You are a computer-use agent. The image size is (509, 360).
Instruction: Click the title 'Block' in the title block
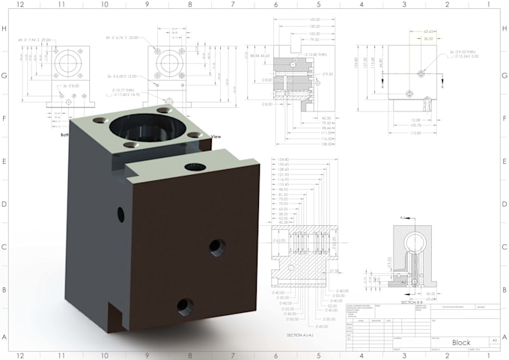pyautogui.click(x=461, y=342)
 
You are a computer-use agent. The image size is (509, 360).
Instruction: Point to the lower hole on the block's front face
pyautogui.click(x=184, y=306)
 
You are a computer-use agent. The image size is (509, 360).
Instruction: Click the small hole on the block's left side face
pyautogui.click(x=121, y=215)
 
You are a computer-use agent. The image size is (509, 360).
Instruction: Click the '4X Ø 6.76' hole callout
pyautogui.click(x=127, y=37)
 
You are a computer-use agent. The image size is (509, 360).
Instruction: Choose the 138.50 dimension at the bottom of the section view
pyautogui.click(x=306, y=143)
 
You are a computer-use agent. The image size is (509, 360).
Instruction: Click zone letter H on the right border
pyautogui.click(x=503, y=28)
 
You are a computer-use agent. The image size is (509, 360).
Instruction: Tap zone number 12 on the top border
pyautogui.click(x=19, y=4)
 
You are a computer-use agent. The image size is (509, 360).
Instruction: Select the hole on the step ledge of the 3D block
pyautogui.click(x=196, y=167)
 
